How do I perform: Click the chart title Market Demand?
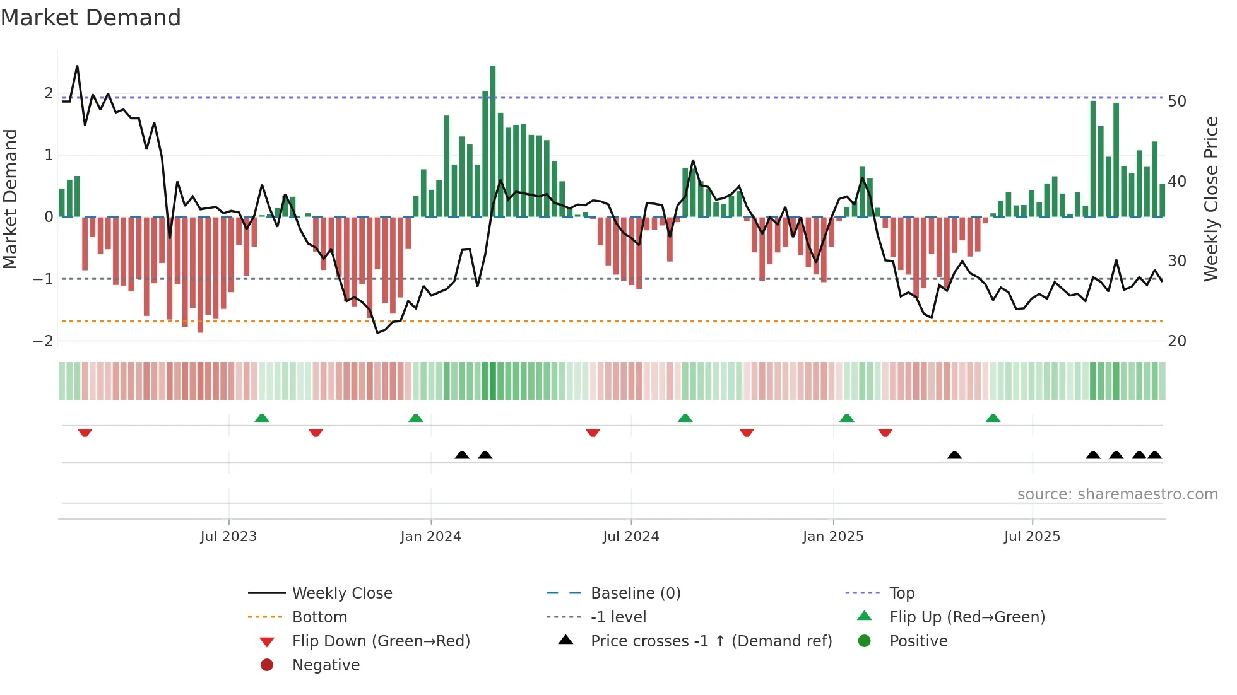[x=91, y=18]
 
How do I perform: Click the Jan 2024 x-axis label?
[x=431, y=537]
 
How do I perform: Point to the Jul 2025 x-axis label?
[x=1032, y=537]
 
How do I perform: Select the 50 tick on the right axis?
[x=1176, y=102]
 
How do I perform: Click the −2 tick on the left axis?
[x=43, y=341]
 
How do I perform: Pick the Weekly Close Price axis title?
[x=1210, y=199]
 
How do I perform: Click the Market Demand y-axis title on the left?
[x=11, y=199]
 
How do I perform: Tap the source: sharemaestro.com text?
[x=1117, y=494]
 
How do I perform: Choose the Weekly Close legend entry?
[x=341, y=593]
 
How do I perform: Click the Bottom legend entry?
[x=319, y=617]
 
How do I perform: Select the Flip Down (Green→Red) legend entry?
[x=381, y=641]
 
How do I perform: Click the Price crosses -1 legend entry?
[x=711, y=641]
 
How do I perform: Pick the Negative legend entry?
[x=326, y=665]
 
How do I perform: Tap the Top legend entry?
[x=902, y=593]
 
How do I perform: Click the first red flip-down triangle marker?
[x=85, y=433]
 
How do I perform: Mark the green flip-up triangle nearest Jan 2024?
[x=416, y=418]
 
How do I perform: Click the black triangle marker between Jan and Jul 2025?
[x=954, y=455]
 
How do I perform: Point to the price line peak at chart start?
[x=77, y=66]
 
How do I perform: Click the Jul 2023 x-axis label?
[x=228, y=537]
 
